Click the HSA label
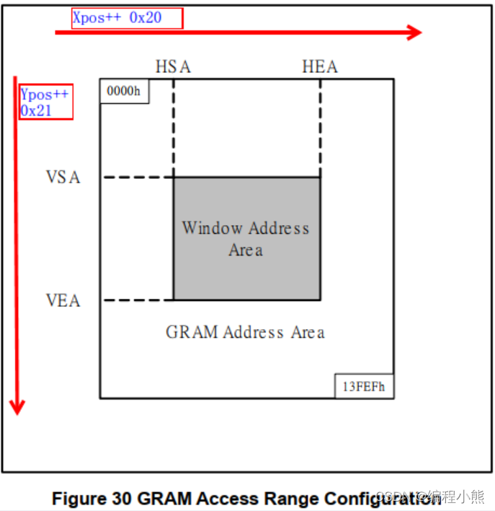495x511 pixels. pos(173,67)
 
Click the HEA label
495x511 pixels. pos(319,67)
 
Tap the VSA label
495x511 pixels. pos(63,178)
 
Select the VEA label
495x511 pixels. pos(63,300)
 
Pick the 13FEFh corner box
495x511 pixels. pos(364,387)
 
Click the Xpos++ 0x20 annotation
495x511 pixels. pos(127,18)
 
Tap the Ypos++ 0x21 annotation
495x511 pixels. pos(45,102)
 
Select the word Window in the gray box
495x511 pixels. pos(212,228)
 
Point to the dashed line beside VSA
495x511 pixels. pos(138,178)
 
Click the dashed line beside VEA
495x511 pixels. pos(138,300)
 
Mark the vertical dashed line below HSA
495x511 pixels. pos(174,127)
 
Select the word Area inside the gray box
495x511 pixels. pos(245,250)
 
